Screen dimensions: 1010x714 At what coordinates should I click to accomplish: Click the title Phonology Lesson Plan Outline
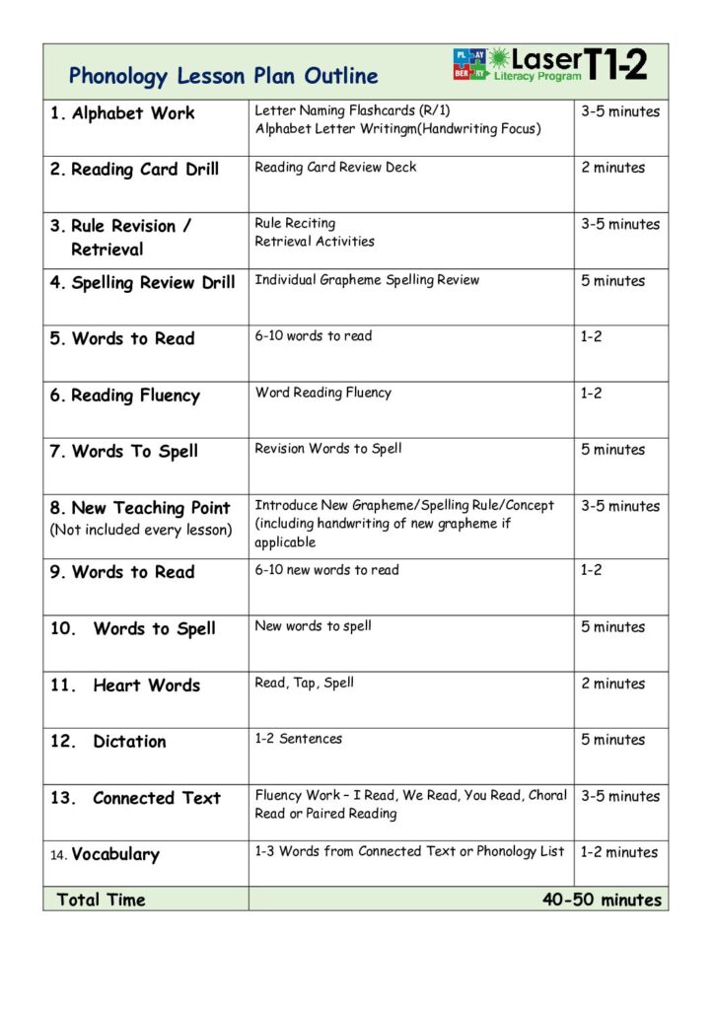223,76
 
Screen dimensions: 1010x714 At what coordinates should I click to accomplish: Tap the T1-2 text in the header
617,65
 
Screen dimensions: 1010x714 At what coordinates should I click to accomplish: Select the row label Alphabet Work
132,113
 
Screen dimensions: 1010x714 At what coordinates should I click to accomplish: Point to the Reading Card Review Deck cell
335,168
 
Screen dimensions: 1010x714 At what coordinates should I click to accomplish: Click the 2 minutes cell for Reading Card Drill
612,168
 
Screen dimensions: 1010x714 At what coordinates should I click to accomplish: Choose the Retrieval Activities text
315,241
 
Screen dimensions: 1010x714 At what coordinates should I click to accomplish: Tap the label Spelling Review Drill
153,283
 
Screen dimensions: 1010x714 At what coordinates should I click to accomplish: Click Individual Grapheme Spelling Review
367,280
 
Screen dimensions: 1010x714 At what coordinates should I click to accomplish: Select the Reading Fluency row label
135,396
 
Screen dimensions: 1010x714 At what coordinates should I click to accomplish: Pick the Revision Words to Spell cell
328,449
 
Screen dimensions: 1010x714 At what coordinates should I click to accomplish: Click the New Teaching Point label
150,509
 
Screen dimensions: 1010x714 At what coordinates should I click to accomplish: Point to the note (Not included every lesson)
141,530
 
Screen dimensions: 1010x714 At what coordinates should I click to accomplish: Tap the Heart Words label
146,685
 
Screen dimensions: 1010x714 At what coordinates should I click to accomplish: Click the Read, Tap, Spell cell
304,683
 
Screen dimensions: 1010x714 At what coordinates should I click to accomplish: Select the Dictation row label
129,742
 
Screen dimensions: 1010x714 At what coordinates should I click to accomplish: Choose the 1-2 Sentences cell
298,739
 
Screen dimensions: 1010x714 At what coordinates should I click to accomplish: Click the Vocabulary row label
115,854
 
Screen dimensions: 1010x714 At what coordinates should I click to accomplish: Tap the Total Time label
101,900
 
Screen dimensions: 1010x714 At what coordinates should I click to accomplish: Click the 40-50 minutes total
602,900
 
